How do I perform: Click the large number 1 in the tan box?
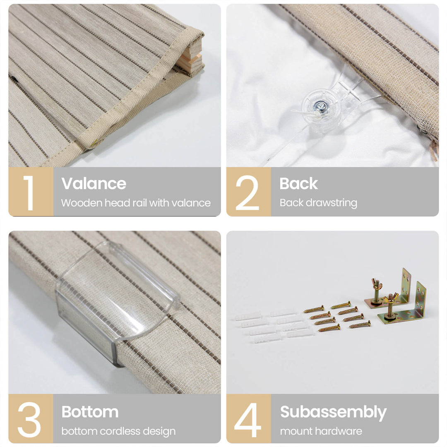coord(29,193)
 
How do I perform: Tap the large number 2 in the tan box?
coord(247,193)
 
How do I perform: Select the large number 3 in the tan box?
coord(29,420)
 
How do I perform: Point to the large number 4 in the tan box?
coord(248,420)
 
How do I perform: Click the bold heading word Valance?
coord(94,183)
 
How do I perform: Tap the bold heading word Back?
coord(298,183)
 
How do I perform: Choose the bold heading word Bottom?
coord(90,412)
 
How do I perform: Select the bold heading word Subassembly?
coord(333,413)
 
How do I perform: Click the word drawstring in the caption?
coord(332,203)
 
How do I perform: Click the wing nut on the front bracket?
coord(390,299)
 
